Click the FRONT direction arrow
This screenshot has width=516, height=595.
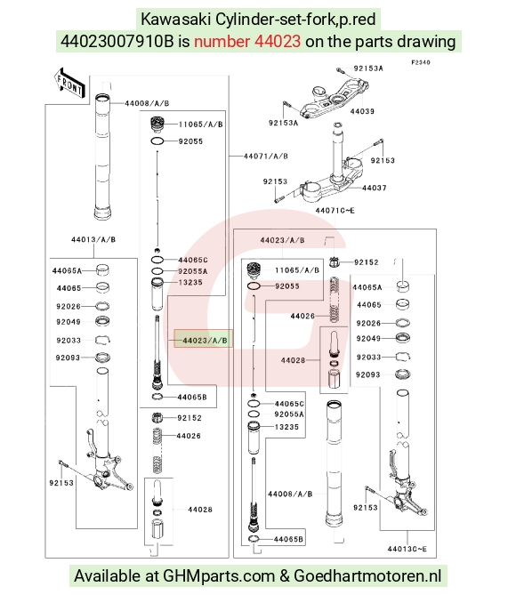coord(69,83)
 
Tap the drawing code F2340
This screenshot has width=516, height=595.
coord(421,62)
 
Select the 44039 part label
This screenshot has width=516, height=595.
coord(362,111)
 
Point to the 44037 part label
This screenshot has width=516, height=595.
coord(374,188)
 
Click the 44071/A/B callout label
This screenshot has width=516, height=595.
coord(265,156)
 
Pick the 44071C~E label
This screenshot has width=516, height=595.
coord(335,210)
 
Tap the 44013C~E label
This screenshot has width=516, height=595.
coord(407,549)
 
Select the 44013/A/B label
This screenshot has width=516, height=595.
coord(93,239)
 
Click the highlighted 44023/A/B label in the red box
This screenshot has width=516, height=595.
coord(205,341)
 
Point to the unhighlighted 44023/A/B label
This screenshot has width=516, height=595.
coord(282,240)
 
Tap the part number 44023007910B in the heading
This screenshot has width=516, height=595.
coord(117,42)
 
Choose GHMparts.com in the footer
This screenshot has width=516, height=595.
coord(219,576)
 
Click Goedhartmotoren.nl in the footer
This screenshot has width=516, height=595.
coord(367,575)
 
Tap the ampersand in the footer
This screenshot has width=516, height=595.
coord(284,576)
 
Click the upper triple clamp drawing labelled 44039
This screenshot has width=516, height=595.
coord(334,97)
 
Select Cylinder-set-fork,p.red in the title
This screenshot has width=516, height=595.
coord(295,20)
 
